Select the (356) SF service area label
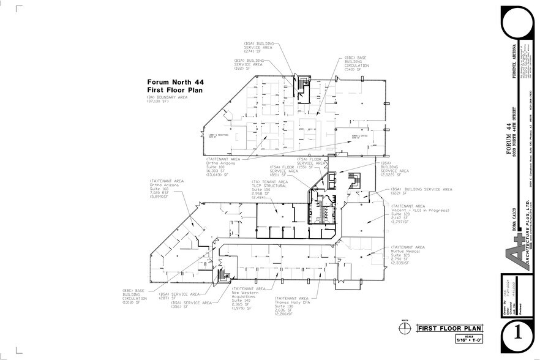tap(191, 304)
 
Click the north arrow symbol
tap(404, 328)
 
